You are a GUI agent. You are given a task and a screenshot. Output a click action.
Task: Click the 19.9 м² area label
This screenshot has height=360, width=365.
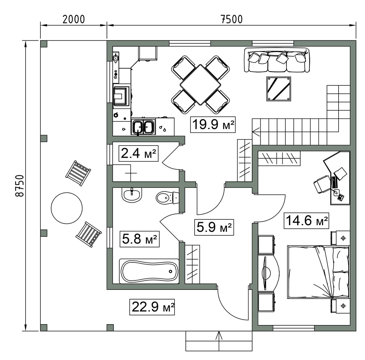[x=213, y=125]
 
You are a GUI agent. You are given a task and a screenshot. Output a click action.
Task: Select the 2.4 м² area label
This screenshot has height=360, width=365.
[x=138, y=153]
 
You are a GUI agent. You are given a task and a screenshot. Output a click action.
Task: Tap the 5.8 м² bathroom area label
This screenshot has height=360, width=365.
[x=140, y=239]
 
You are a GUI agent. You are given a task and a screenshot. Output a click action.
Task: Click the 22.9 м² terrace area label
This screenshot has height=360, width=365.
[x=152, y=307]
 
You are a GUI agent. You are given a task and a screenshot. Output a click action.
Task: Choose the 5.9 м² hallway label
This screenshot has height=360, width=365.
[x=214, y=227]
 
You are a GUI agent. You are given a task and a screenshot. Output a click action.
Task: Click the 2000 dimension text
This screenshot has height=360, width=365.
[x=74, y=19]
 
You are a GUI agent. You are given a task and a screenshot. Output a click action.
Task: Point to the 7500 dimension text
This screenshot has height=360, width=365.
[x=231, y=19]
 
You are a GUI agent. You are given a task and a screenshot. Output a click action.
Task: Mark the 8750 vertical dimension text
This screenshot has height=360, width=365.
[x=19, y=186]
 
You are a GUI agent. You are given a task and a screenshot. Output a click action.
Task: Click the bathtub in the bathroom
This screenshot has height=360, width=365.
[x=149, y=271]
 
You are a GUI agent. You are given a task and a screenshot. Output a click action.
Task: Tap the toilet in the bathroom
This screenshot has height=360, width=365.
[x=167, y=198]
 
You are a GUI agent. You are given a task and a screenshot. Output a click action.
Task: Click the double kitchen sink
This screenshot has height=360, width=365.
[x=143, y=127]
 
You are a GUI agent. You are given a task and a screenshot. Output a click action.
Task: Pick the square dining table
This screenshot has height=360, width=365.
[x=200, y=84]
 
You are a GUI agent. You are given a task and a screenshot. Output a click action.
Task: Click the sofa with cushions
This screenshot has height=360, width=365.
[x=277, y=60]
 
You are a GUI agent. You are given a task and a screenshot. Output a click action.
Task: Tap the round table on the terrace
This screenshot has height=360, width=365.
[x=67, y=208]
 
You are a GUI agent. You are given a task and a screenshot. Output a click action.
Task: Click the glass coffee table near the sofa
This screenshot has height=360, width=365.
[x=278, y=89]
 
